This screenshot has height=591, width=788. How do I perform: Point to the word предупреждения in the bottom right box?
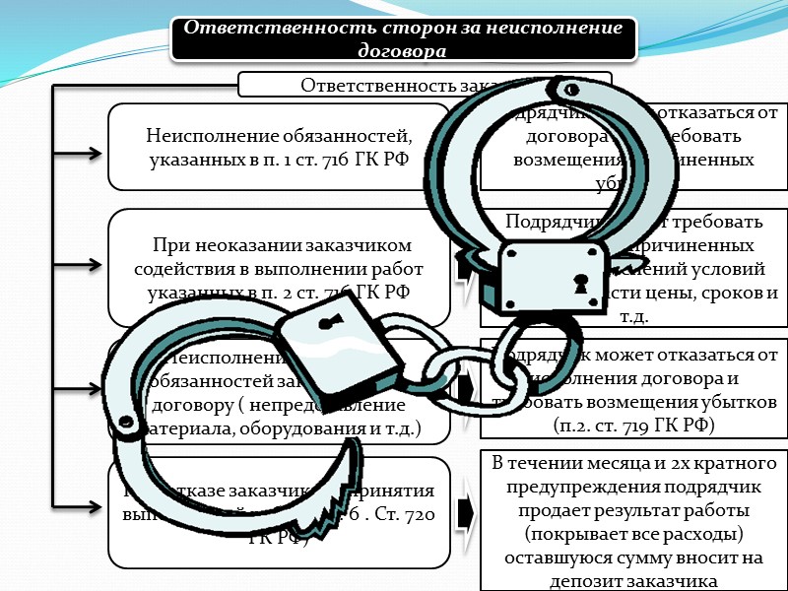[x=581, y=486]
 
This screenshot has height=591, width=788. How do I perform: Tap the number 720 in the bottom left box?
[x=425, y=512]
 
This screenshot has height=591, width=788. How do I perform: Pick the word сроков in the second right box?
[x=729, y=295]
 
